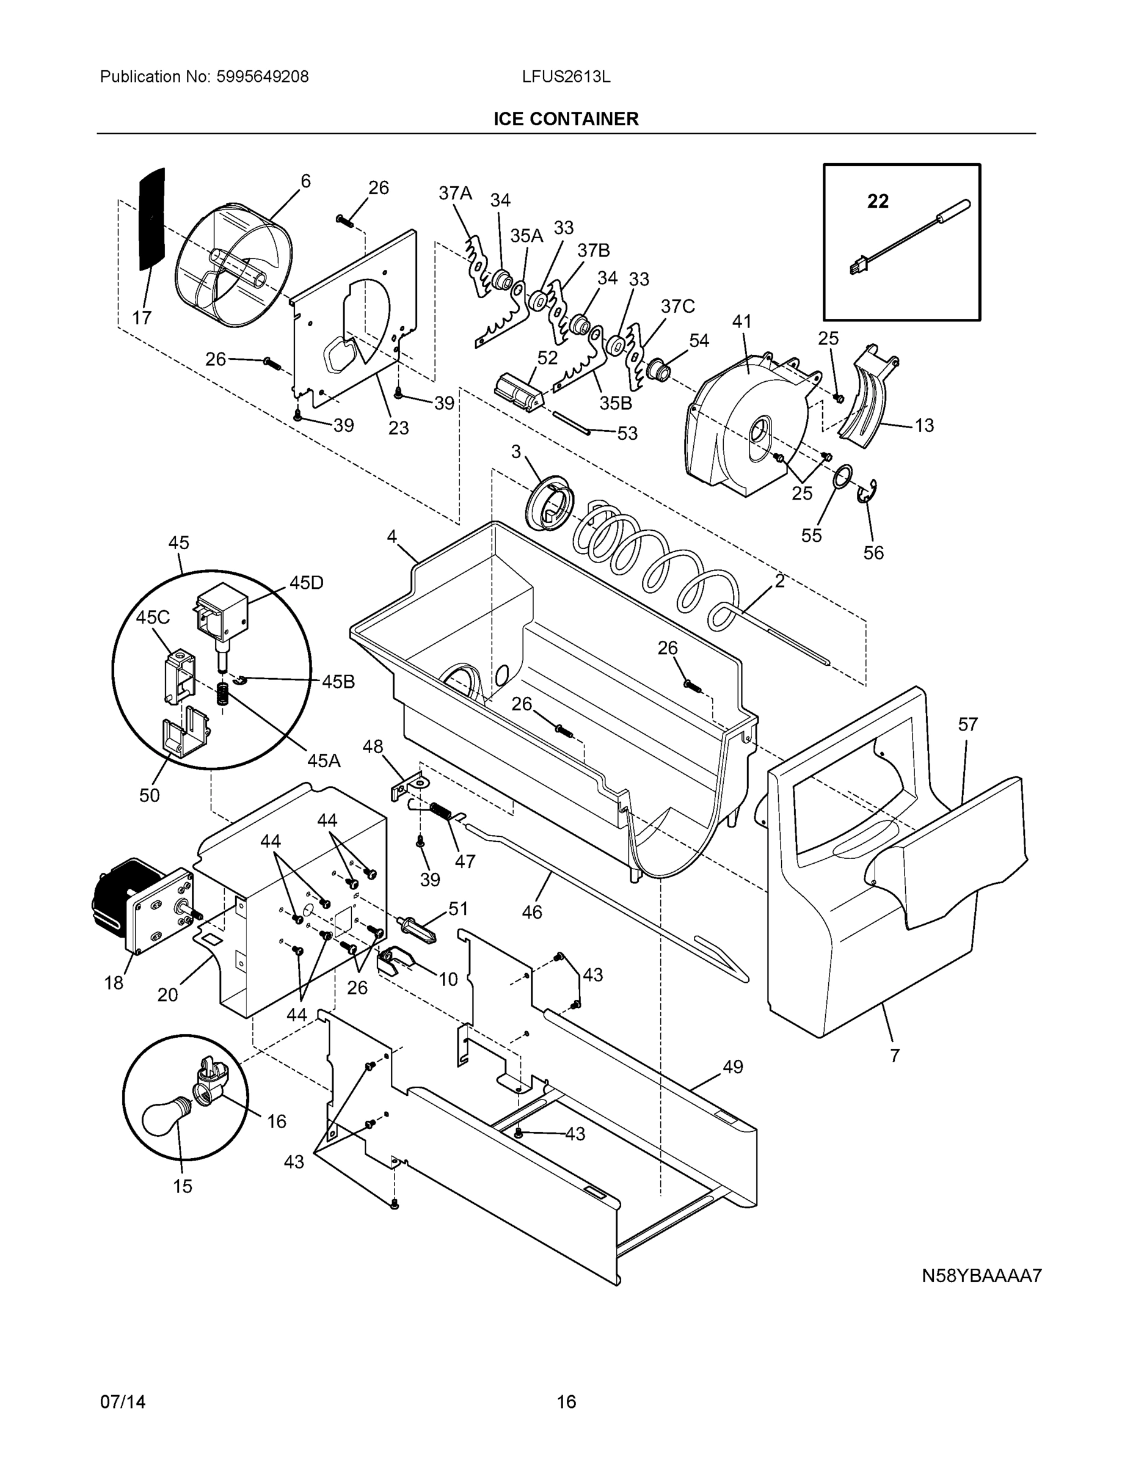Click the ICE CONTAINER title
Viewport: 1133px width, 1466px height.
(x=566, y=119)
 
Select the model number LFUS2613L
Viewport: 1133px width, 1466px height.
(x=566, y=77)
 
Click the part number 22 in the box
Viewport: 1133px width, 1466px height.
(x=877, y=201)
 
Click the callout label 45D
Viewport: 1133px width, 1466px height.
(x=306, y=583)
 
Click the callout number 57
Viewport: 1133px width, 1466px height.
(x=967, y=724)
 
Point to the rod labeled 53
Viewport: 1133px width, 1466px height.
(x=571, y=423)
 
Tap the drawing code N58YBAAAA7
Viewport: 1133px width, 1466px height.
(x=981, y=1275)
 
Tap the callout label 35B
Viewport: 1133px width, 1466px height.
(x=616, y=403)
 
